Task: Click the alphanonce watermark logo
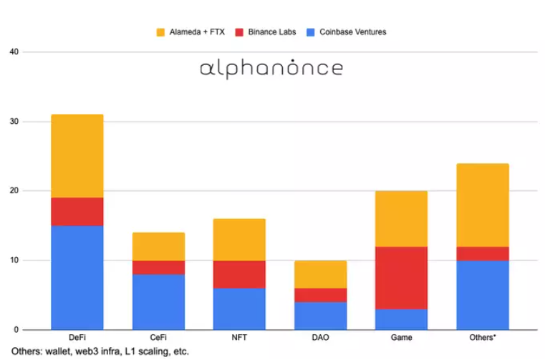tap(271, 69)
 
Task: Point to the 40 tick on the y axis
tap(14, 52)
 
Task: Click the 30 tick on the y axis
tap(14, 122)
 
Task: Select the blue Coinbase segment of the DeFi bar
tap(77, 277)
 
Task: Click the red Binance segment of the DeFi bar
tap(77, 212)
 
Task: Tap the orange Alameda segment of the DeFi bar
tap(77, 156)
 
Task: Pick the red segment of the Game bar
tap(401, 278)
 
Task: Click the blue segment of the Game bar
tap(401, 319)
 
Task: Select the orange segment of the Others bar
tap(482, 205)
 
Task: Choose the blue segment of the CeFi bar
tap(158, 301)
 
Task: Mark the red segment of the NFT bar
tap(239, 274)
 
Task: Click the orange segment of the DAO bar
tap(320, 274)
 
